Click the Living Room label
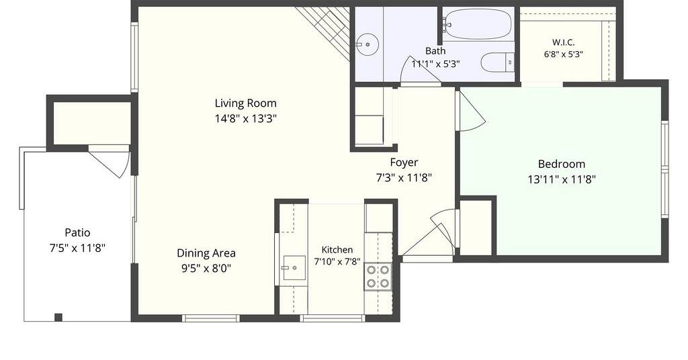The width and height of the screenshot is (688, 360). tap(245, 103)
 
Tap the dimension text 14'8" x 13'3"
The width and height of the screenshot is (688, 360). tap(245, 118)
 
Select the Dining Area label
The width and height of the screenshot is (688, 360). tap(206, 253)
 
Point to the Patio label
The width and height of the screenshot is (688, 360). tap(78, 232)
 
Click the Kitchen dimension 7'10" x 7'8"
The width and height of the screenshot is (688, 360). tap(337, 262)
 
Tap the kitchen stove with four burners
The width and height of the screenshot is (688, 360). tap(378, 276)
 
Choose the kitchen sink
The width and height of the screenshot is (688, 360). tap(294, 268)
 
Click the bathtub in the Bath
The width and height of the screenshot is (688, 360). tap(477, 24)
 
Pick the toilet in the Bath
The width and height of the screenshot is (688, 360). tap(498, 62)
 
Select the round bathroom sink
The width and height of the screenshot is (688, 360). tap(367, 44)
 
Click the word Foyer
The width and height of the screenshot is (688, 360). tap(404, 163)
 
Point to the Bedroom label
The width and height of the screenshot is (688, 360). tap(561, 164)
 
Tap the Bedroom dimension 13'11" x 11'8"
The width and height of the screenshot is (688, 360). tap(561, 179)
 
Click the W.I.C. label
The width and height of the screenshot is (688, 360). tap(564, 42)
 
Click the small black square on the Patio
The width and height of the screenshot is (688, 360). tap(58, 317)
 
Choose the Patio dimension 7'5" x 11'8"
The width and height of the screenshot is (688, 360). tap(78, 249)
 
